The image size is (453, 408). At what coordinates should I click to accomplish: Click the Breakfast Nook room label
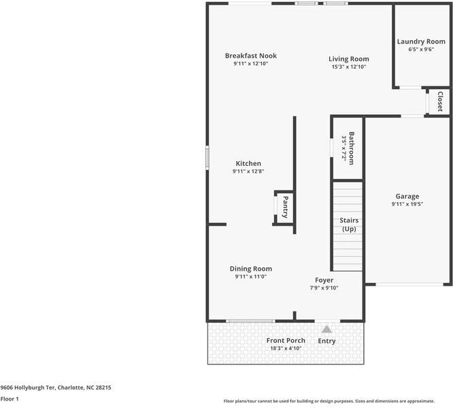(x=251, y=56)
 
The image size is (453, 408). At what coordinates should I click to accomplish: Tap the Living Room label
(x=349, y=59)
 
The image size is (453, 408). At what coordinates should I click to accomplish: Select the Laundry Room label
(x=421, y=41)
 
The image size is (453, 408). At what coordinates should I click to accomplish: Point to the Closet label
(x=440, y=101)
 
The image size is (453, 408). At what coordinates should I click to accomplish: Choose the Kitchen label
(x=248, y=163)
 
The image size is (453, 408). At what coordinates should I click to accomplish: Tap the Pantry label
(x=286, y=207)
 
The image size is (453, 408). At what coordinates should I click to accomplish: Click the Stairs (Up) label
(x=349, y=225)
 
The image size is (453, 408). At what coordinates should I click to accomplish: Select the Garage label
(x=407, y=197)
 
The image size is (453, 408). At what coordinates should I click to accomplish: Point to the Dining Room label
(x=250, y=269)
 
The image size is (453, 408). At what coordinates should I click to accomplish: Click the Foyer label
(x=324, y=280)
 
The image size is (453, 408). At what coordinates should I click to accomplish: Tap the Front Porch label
(x=286, y=341)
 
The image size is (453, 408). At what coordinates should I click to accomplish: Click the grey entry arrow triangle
(x=327, y=330)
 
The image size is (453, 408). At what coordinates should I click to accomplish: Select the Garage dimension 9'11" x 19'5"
(x=407, y=205)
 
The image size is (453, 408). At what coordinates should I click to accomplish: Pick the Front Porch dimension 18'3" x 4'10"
(x=286, y=349)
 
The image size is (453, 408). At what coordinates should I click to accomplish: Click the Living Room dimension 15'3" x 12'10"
(x=349, y=67)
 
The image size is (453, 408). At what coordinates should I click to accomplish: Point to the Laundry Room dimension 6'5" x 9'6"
(x=421, y=50)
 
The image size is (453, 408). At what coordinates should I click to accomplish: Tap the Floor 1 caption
(x=10, y=400)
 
